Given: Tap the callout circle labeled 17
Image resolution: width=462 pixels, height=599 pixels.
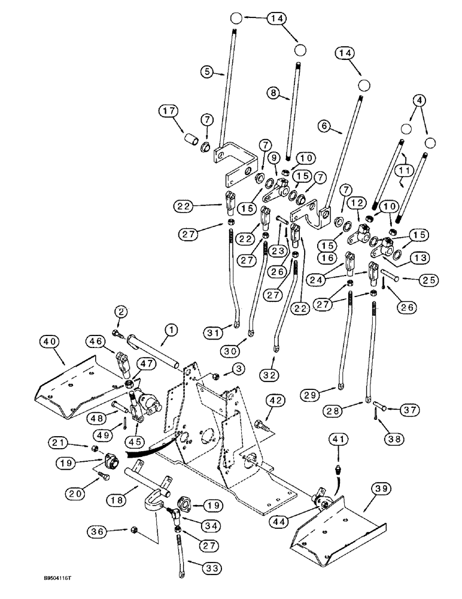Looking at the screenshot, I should tap(153, 111).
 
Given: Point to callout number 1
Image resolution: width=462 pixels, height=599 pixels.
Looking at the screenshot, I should tap(172, 329).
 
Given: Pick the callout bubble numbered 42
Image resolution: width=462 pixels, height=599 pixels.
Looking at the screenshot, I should tap(275, 400).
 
